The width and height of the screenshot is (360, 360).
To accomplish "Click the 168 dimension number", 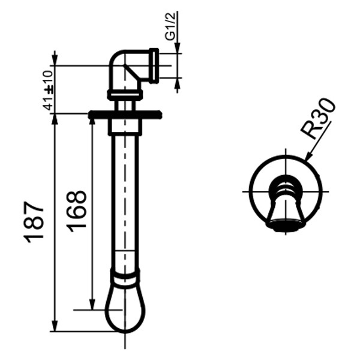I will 76,211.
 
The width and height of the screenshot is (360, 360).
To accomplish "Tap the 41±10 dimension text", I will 48,89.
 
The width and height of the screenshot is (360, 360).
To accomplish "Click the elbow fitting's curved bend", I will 119,63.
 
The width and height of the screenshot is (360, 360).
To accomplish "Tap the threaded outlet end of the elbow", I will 154,65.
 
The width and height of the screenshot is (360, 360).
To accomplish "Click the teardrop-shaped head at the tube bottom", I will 125,309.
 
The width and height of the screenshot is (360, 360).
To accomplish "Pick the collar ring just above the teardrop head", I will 125,277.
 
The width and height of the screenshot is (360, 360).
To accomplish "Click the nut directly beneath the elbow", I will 125,94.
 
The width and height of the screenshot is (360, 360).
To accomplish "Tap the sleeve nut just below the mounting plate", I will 125,127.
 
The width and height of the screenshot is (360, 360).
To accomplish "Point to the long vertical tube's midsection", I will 125,198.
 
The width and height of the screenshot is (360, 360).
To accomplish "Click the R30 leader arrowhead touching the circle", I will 307,159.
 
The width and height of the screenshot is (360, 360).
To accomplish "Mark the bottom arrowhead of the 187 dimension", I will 55,327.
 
